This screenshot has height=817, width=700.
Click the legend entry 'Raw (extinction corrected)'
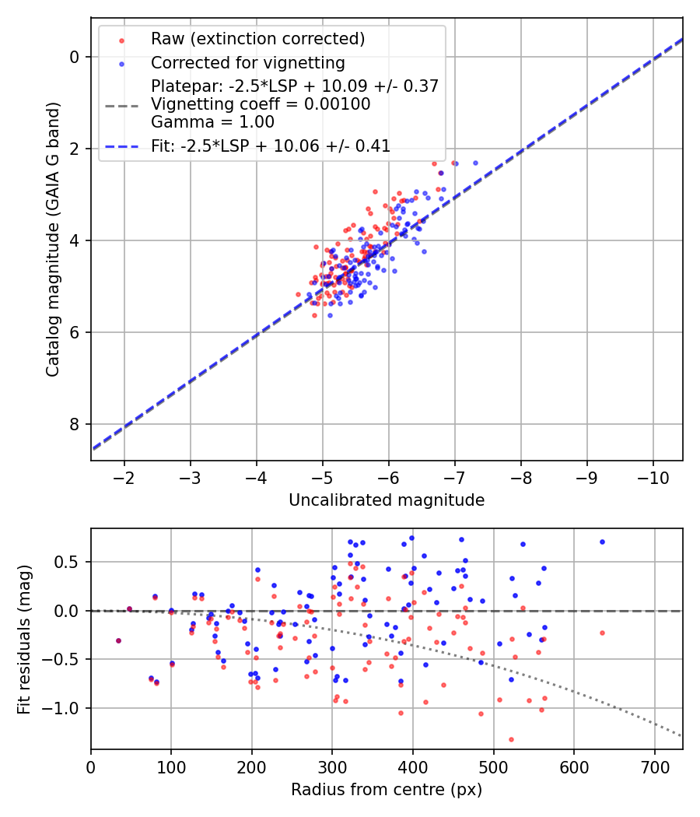point(257,39)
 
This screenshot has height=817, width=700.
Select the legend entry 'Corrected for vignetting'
point(247,62)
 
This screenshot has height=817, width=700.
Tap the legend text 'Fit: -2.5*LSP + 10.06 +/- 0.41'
point(271,146)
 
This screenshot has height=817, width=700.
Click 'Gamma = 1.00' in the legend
point(212,121)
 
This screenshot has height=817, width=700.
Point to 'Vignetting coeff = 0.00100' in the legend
point(261,103)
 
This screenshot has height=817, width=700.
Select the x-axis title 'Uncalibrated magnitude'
point(387,500)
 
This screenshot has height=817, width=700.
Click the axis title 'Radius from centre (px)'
point(387,790)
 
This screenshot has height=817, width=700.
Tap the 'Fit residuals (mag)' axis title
point(24,639)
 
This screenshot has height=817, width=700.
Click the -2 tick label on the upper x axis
point(124,476)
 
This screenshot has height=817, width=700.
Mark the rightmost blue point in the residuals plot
point(602,542)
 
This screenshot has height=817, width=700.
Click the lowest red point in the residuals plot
point(511,739)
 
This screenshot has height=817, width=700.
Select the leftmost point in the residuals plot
point(118,640)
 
